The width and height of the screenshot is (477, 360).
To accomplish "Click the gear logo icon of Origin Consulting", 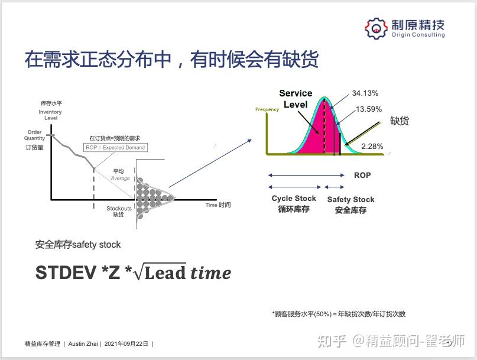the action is pyautogui.click(x=377, y=28).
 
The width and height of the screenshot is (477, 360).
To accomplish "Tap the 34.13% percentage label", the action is pyautogui.click(x=365, y=93).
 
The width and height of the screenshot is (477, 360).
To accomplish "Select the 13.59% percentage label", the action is pyautogui.click(x=369, y=109).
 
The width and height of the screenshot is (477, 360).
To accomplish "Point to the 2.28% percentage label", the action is pyautogui.click(x=372, y=147).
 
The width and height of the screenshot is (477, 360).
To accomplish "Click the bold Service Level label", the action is pyautogui.click(x=296, y=99).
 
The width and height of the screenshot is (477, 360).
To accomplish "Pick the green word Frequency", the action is pyautogui.click(x=267, y=109).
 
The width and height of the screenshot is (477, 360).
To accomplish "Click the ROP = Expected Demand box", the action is pyautogui.click(x=115, y=148).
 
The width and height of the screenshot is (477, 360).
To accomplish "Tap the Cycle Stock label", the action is pyautogui.click(x=294, y=199).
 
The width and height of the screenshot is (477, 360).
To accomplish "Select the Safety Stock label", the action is pyautogui.click(x=351, y=199).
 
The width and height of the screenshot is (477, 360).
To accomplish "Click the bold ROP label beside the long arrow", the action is pyautogui.click(x=362, y=176).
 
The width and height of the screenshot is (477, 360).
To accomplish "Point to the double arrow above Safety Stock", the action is pyautogui.click(x=334, y=187).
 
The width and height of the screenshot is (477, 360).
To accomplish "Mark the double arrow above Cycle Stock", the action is pyautogui.click(x=294, y=187).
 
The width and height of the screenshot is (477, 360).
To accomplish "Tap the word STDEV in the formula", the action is pyautogui.click(x=66, y=273).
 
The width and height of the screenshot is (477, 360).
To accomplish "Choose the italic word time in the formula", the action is pyautogui.click(x=210, y=273).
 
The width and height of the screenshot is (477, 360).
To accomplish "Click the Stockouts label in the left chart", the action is pyautogui.click(x=119, y=209).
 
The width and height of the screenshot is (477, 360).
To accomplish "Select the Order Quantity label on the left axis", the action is pyautogui.click(x=34, y=135).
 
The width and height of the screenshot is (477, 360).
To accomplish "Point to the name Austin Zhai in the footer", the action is pyautogui.click(x=83, y=344).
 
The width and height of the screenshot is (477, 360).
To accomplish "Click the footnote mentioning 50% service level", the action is pyautogui.click(x=339, y=314).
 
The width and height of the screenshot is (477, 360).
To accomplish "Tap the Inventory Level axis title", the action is pyautogui.click(x=50, y=115).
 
